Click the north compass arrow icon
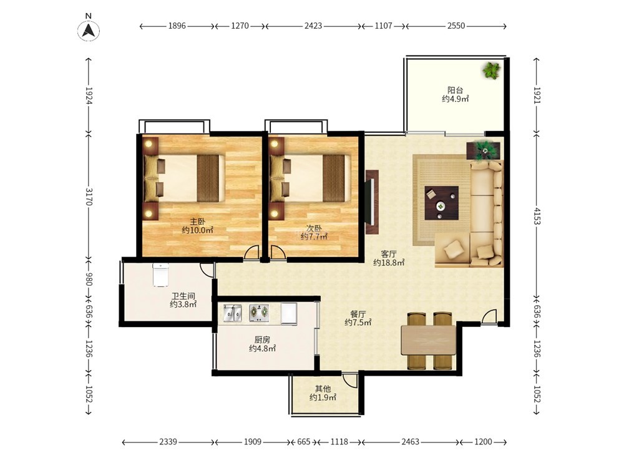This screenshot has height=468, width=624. pos(89,30)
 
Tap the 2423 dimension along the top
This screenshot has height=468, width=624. pos(313,26)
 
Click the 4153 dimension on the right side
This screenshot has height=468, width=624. pos(537,215)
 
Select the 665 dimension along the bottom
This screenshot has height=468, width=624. pos(304,442)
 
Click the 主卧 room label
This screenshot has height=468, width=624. pos(197,222)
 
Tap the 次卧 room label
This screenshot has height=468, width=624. pos(314,228)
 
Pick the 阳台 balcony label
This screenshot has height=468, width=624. pos(456,90)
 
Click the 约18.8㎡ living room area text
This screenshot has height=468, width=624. pos(389,263)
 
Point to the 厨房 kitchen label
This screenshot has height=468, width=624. pos(262,340)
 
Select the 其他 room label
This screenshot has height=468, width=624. pos(323,389)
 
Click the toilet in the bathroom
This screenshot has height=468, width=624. pos(160,275)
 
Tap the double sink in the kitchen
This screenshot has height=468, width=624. pos(232,313)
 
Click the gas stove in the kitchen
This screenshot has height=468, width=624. pos(259,313)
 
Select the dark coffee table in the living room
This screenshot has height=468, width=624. pos(441,203)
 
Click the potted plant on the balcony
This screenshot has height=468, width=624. pos(492,71)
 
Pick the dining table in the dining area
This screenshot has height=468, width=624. pos(428,340)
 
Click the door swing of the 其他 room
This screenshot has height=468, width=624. pos(349,381)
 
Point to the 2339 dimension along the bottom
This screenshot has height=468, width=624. pos(168,442)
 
